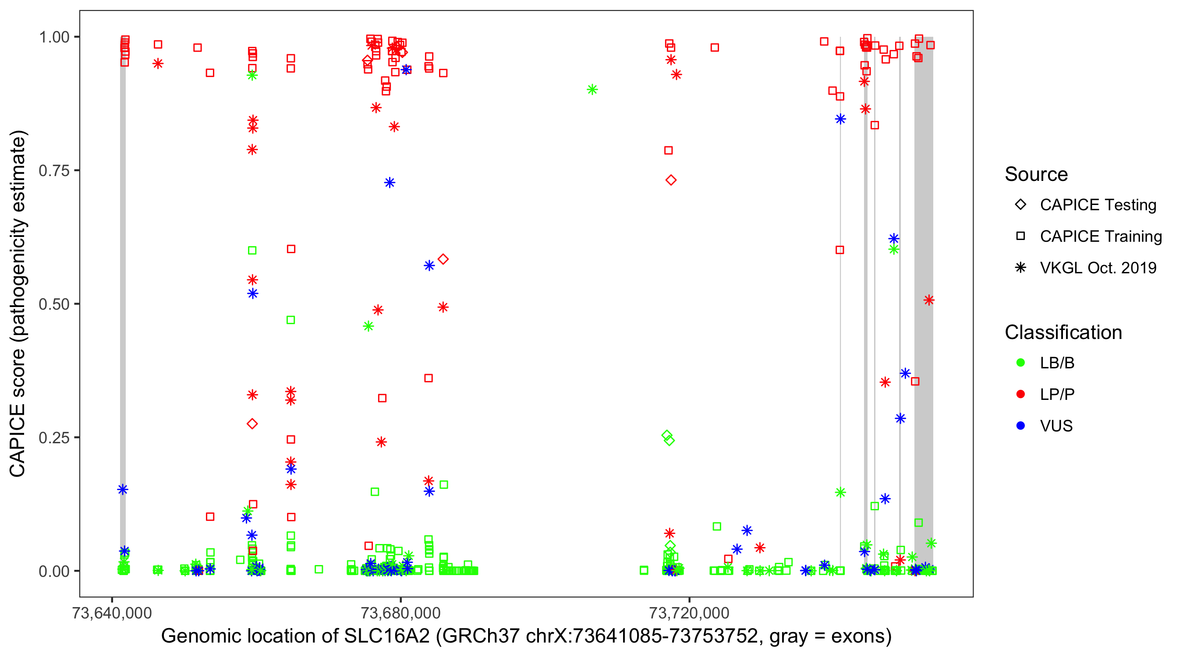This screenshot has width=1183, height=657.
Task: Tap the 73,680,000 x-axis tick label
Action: (400, 613)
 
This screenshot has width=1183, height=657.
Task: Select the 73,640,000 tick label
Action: (112, 613)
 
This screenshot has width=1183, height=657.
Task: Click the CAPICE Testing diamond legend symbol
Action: (1020, 205)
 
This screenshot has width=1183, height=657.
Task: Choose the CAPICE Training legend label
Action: (1100, 237)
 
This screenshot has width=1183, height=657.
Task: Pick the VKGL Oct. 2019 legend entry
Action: (1098, 268)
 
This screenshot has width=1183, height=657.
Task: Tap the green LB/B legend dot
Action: (1020, 363)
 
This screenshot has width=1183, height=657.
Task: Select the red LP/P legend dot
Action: (1020, 394)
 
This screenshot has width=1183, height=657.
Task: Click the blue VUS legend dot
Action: (1020, 426)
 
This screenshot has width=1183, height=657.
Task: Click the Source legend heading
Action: (1036, 174)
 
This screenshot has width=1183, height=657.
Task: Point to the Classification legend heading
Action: (1063, 332)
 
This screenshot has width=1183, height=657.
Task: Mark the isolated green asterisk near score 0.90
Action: (592, 89)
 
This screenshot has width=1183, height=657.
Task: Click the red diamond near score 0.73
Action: (671, 180)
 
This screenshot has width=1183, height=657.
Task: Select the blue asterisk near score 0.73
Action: (390, 183)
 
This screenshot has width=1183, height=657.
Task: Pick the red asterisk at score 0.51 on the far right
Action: (928, 300)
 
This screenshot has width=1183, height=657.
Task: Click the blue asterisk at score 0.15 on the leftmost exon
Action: (123, 489)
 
